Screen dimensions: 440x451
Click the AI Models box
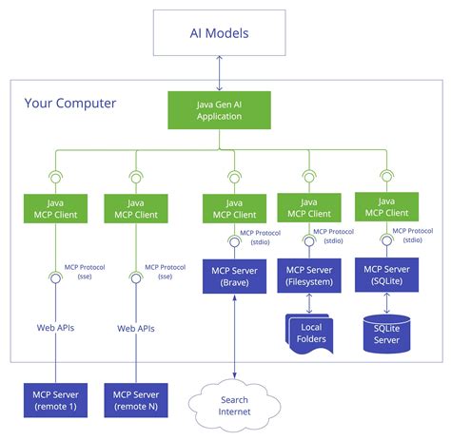pyautogui.click(x=219, y=34)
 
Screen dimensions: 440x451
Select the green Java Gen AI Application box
pyautogui.click(x=219, y=110)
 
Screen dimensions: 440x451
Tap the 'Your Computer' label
pyautogui.click(x=70, y=103)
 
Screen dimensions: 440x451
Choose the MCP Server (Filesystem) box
pyautogui.click(x=308, y=277)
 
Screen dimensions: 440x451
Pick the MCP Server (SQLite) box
pyautogui.click(x=386, y=277)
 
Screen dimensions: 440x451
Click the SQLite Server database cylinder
pyautogui.click(x=386, y=333)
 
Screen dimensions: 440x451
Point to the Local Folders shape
pyautogui.click(x=309, y=333)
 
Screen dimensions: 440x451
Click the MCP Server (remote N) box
pyautogui.click(x=135, y=400)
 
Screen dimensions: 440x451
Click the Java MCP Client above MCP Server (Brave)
pyautogui.click(x=234, y=209)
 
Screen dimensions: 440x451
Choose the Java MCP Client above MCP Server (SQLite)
pyautogui.click(x=386, y=208)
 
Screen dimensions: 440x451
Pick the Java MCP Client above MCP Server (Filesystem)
pyautogui.click(x=308, y=208)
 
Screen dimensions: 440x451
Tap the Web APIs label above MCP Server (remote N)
pyautogui.click(x=135, y=328)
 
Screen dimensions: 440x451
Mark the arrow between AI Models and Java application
pyautogui.click(x=219, y=73)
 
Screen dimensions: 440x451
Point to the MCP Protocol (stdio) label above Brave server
pyautogui.click(x=254, y=238)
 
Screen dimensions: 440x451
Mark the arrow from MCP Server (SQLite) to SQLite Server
pyautogui.click(x=386, y=304)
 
